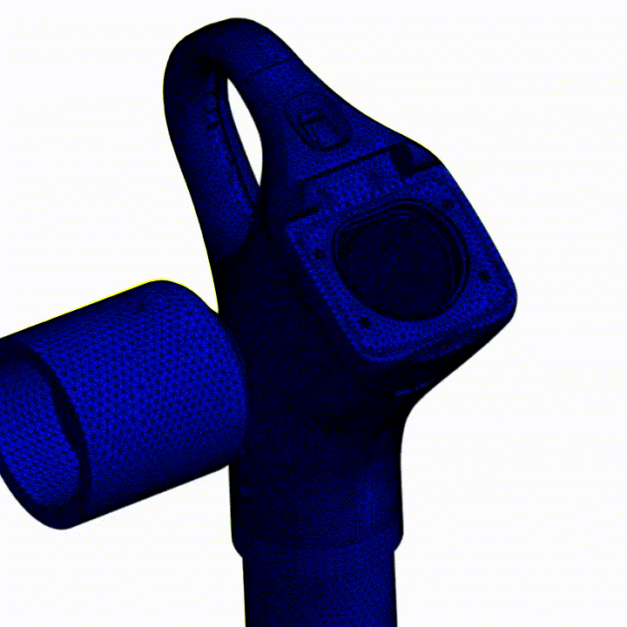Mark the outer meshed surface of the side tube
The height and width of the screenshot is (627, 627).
pyautogui.click(x=148, y=383)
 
